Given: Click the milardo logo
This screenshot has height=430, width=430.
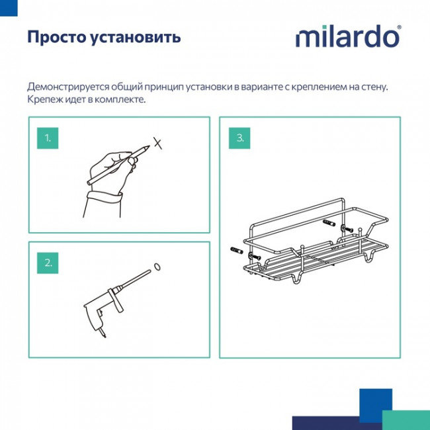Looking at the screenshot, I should click(347, 37).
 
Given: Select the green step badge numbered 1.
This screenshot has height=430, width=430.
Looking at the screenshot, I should click(47, 138).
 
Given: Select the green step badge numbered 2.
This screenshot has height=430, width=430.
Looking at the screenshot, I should click(47, 262).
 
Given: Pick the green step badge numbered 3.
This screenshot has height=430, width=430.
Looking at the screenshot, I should click(240, 138).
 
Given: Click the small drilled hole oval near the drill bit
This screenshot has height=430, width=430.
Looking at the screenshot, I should click(157, 267).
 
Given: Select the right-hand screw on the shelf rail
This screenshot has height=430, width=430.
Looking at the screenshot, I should click(345, 229).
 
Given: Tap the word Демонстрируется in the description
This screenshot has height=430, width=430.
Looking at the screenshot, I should click(73, 87).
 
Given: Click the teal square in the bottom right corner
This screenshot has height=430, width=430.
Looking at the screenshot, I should click(406, 419).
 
